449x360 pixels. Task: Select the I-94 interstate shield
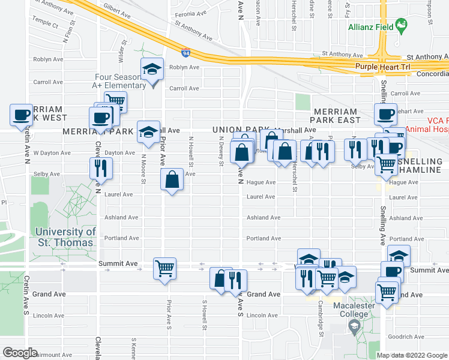pyautogui.click(x=186, y=55)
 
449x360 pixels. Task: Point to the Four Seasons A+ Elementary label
pyautogui.click(x=120, y=81)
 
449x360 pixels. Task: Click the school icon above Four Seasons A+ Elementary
pyautogui.click(x=152, y=71)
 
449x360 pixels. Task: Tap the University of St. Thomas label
pyautogui.click(x=64, y=237)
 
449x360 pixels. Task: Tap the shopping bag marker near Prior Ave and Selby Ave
pyautogui.click(x=172, y=180)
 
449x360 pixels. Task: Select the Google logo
pyautogui.click(x=20, y=353)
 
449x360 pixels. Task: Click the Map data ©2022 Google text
pyautogui.click(x=412, y=355)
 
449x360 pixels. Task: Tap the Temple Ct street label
pyautogui.click(x=46, y=26)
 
